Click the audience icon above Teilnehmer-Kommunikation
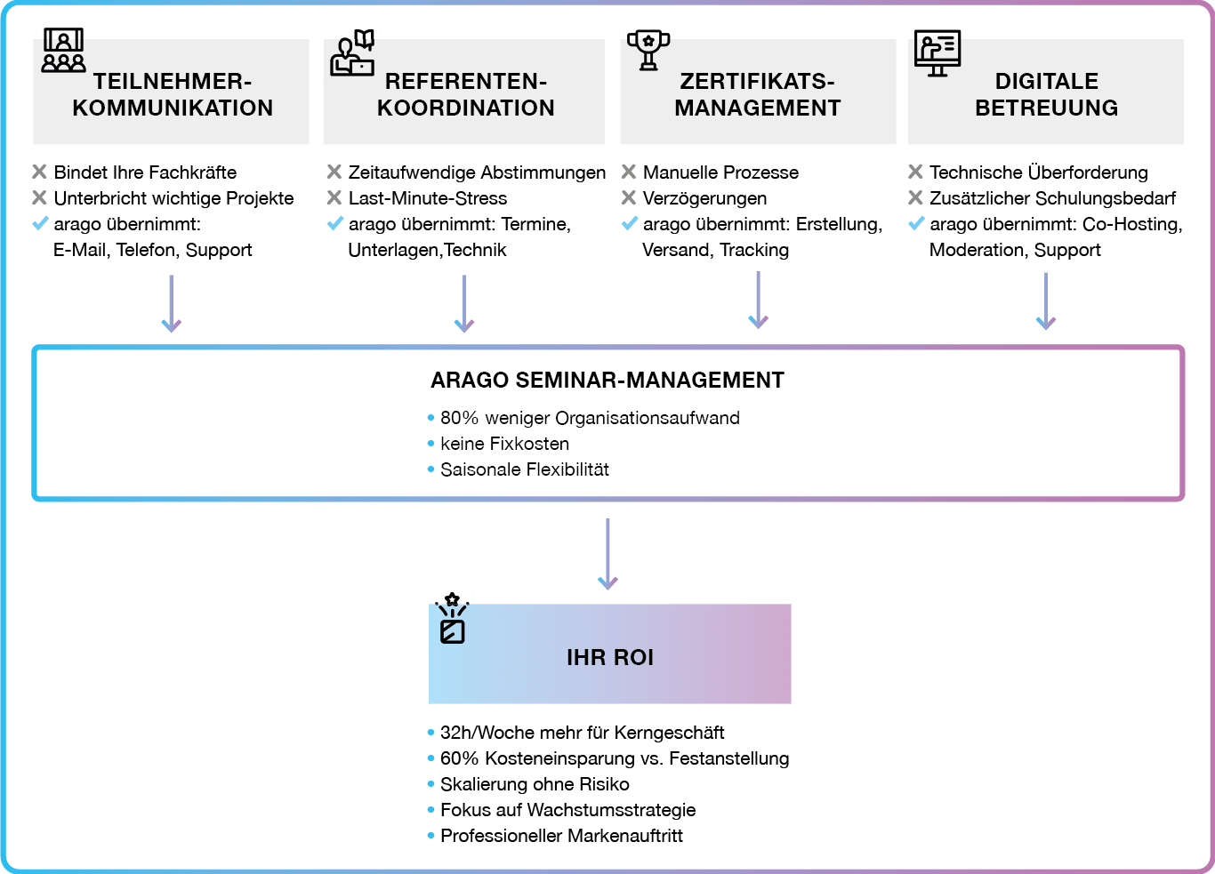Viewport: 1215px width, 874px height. (x=63, y=50)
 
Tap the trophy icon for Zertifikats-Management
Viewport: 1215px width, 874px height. (x=648, y=50)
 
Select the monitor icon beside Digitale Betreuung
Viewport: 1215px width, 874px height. (x=937, y=53)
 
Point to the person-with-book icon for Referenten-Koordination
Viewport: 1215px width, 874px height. (x=352, y=52)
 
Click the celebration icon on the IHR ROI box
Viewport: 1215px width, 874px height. (x=453, y=618)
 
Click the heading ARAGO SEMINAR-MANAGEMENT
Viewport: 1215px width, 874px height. (x=607, y=380)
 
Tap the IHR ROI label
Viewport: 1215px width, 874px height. (x=610, y=657)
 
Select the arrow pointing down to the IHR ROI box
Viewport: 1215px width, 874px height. (x=607, y=554)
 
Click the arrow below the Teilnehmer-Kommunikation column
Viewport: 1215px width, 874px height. (x=172, y=303)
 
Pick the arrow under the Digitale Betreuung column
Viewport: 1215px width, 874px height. (x=1046, y=301)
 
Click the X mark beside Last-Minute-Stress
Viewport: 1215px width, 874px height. (x=334, y=197)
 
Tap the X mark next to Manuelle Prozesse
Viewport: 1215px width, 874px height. (x=629, y=172)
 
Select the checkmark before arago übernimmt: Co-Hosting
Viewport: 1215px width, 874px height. (x=916, y=223)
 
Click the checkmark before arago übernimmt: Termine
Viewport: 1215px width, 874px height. (x=335, y=223)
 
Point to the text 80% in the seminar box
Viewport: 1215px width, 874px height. (x=460, y=418)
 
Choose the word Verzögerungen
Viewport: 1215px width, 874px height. (x=704, y=199)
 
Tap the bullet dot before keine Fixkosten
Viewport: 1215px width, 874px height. (x=430, y=444)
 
